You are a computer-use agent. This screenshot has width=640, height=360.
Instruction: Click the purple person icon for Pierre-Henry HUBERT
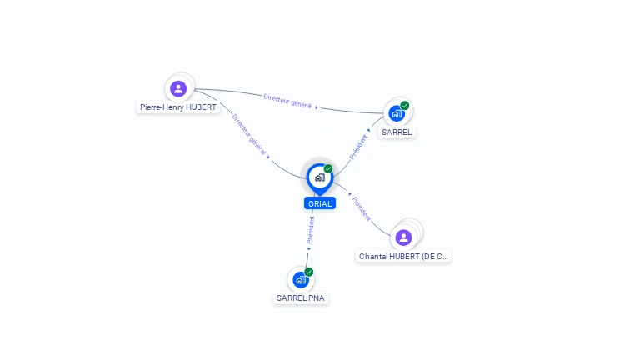point(177,88)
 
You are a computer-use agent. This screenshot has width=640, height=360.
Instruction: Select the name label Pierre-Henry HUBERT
point(178,107)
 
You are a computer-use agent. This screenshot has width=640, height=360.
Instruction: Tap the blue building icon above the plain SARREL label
point(397,113)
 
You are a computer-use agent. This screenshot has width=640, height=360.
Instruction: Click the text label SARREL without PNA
point(397,132)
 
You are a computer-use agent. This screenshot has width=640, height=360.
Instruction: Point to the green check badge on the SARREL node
point(405,106)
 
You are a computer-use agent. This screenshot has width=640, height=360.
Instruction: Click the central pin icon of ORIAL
point(319,177)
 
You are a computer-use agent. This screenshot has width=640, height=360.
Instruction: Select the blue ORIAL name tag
point(320,203)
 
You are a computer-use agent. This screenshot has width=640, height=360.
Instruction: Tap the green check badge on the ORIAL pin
point(328,169)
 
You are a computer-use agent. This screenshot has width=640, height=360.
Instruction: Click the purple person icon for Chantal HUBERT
point(403,237)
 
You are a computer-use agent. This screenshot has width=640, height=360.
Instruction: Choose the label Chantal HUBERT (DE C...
point(403,257)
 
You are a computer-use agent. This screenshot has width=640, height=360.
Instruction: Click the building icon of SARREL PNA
point(301,280)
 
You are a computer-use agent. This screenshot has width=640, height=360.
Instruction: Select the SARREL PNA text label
point(301,297)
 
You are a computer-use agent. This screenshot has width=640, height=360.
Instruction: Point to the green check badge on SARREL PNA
point(309,272)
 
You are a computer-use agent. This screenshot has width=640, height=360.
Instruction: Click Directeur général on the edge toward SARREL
point(287,101)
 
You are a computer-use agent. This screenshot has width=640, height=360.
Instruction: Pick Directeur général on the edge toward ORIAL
point(249,135)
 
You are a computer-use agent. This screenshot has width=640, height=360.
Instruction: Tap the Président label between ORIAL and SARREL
point(358,147)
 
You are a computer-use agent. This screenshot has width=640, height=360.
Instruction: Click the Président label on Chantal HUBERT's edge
point(362,209)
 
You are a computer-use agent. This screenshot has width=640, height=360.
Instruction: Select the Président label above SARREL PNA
point(311,229)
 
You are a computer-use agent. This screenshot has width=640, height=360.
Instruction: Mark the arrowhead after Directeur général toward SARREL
point(317,107)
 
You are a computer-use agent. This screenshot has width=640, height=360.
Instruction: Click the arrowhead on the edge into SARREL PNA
point(308,248)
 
